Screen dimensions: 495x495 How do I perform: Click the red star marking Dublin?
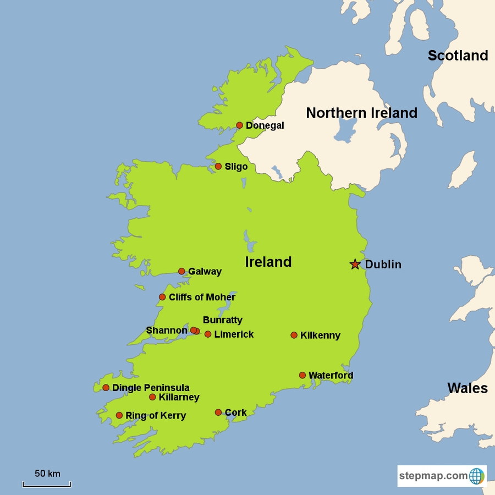pos(355,265)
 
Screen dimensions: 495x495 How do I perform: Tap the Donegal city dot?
pos(239,125)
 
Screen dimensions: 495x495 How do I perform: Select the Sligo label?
pos(236,167)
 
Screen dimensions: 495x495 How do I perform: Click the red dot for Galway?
pos(182,271)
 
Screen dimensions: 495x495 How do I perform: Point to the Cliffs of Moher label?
pos(202,298)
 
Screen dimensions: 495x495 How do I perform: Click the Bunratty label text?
pos(222,320)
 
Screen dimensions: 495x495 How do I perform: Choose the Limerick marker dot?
pos(208,334)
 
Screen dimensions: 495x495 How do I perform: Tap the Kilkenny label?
pos(320,335)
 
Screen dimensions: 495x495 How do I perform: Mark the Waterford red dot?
pos(302,375)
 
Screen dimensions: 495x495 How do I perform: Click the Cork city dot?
pos(218,413)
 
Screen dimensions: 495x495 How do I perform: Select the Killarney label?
pos(179,397)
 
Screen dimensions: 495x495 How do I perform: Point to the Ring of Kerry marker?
pos(119,415)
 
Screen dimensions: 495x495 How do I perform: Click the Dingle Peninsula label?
pos(151,388)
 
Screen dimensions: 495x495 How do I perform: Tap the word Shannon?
pos(167,331)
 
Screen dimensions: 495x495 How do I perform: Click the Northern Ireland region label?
pos(361,113)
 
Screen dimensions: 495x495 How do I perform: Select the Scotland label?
pos(458,56)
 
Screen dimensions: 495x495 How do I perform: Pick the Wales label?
pos(467,388)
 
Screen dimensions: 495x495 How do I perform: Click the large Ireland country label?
pos(268,262)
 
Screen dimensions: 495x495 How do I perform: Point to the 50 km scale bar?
pos(47,484)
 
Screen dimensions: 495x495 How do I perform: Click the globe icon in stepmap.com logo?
pos(476,476)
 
